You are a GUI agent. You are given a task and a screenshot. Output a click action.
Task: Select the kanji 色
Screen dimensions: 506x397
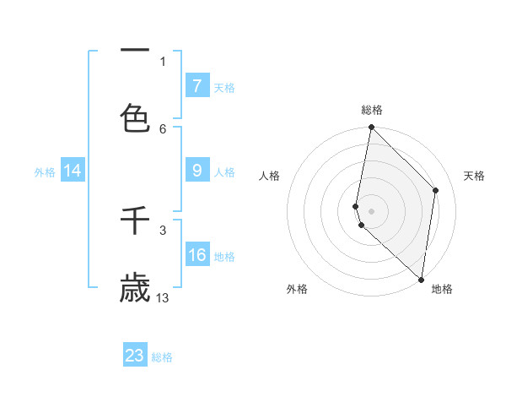click(135, 117)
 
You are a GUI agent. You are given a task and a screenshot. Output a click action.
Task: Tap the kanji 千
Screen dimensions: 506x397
click(135, 220)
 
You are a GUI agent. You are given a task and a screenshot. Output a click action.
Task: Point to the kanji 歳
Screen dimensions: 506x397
click(135, 287)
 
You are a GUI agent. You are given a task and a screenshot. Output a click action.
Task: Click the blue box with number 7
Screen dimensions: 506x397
click(196, 85)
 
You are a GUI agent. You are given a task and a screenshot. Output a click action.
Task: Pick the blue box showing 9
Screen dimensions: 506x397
click(196, 171)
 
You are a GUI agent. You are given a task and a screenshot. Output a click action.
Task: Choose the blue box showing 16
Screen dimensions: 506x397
click(196, 255)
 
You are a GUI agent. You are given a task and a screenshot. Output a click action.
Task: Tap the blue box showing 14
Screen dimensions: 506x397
click(73, 171)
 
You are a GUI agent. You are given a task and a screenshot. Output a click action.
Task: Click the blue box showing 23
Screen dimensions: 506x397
click(135, 355)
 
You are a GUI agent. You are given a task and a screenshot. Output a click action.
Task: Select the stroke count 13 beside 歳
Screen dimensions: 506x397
click(163, 297)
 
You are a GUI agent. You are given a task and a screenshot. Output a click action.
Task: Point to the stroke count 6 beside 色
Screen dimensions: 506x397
click(163, 128)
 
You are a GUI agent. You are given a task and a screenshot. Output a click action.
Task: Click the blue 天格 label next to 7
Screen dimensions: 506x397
click(224, 87)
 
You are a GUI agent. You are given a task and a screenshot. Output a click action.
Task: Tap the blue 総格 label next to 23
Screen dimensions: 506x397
click(162, 357)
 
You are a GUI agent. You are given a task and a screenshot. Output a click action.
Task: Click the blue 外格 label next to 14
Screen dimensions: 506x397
click(45, 172)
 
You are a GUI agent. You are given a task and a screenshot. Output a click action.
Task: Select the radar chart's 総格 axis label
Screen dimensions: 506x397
click(372, 110)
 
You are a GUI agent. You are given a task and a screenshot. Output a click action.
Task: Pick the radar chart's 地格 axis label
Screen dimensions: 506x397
click(442, 290)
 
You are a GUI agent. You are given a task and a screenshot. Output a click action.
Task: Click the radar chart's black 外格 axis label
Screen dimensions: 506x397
click(297, 290)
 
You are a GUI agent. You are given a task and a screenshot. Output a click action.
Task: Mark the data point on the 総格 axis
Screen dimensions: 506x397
click(371, 127)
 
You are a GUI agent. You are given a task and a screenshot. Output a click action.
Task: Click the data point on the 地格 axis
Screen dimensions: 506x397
click(421, 279)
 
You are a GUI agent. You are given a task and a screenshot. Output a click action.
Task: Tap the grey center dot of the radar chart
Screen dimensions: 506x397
click(371, 210)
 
